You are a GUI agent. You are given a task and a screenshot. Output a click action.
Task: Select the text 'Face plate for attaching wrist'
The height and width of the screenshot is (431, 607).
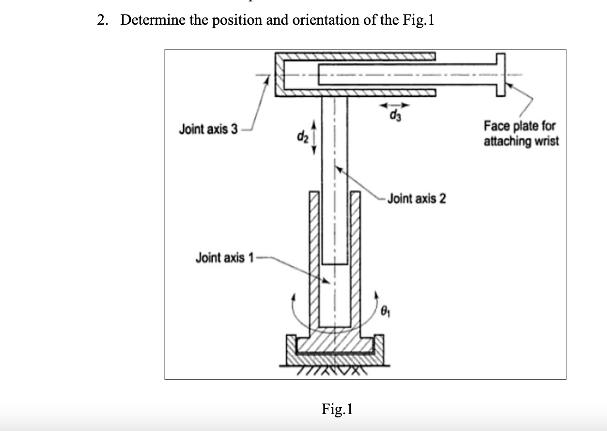pos(520,134)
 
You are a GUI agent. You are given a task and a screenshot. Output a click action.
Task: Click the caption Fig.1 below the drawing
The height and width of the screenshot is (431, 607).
pos(337,409)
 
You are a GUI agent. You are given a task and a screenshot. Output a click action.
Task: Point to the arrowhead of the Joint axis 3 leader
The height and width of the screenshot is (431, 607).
pos(265,81)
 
